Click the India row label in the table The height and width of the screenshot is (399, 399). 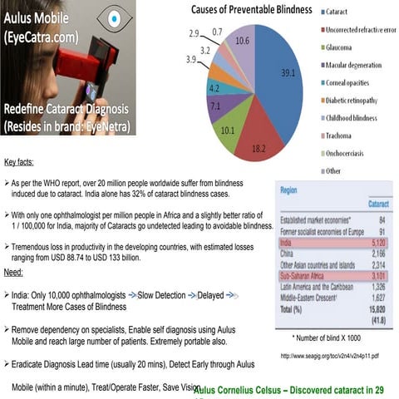[288, 243]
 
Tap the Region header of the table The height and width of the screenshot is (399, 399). [289, 190]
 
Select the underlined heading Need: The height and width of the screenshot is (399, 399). [13, 272]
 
